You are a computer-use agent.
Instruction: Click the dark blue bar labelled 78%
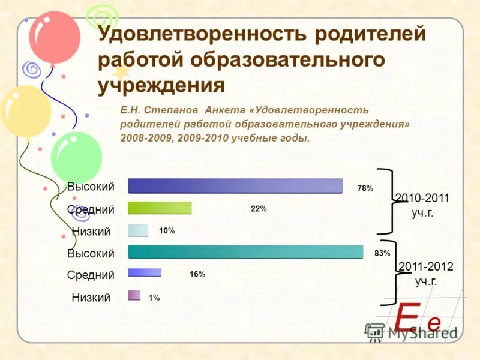coord(235,186)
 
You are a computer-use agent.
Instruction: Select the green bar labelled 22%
coord(160,208)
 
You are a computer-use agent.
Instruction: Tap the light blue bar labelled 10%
coord(137,230)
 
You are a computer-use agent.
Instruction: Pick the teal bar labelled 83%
coord(245,252)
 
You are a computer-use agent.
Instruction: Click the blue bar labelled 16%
coord(145,272)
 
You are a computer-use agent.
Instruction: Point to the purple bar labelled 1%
coord(134,295)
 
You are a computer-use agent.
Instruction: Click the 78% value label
coord(365,188)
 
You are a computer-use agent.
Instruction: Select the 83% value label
coord(382,253)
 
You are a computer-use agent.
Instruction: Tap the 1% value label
coord(154,298)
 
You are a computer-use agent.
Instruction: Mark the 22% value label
coord(259,209)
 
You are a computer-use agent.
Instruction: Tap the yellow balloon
coord(25,112)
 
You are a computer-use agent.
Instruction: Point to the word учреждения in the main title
coord(161,85)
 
